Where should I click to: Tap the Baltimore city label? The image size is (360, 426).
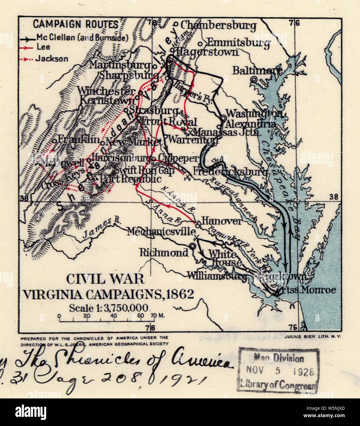(x=257, y=70)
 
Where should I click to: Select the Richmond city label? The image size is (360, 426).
(x=164, y=253)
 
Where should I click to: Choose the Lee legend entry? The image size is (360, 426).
(x=43, y=47)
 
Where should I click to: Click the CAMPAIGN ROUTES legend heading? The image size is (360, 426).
(x=75, y=24)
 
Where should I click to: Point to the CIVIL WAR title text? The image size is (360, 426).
(x=105, y=279)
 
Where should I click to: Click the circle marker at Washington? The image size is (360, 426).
(x=223, y=118)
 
